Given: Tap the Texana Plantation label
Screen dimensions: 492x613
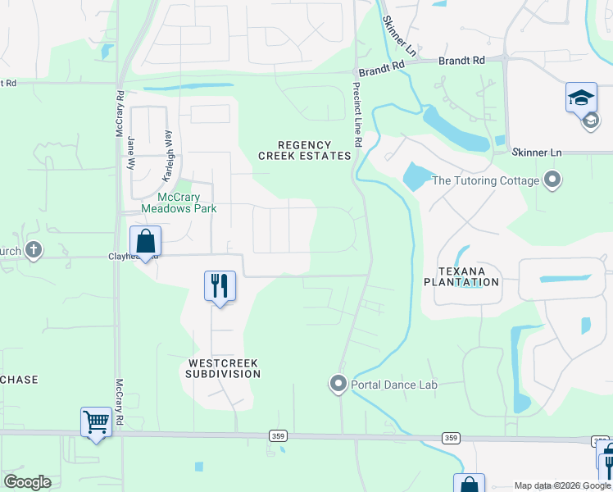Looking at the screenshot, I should point(461,276).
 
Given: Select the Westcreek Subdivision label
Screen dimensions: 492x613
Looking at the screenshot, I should point(224,367).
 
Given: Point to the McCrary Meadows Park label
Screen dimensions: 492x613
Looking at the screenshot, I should point(179,203).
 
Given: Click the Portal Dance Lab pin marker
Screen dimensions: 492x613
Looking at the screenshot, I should point(338,384).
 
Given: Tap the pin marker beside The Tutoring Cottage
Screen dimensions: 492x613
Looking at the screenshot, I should point(552,180).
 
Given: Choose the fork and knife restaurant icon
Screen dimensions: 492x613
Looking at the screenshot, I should point(220,285).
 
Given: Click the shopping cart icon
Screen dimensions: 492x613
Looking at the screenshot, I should point(97,422).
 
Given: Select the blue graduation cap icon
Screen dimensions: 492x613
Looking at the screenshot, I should point(581,98).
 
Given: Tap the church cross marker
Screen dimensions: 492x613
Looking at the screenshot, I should point(33,249).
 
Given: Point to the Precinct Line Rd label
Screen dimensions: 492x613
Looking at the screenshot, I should point(357,115).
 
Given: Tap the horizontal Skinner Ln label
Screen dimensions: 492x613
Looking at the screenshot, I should point(537,153).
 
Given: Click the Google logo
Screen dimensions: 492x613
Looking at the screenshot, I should point(27,482).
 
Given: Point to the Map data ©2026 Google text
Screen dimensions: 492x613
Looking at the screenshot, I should point(561,485).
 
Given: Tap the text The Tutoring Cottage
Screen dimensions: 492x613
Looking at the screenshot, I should point(485,180).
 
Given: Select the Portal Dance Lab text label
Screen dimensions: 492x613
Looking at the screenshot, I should point(394,385).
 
